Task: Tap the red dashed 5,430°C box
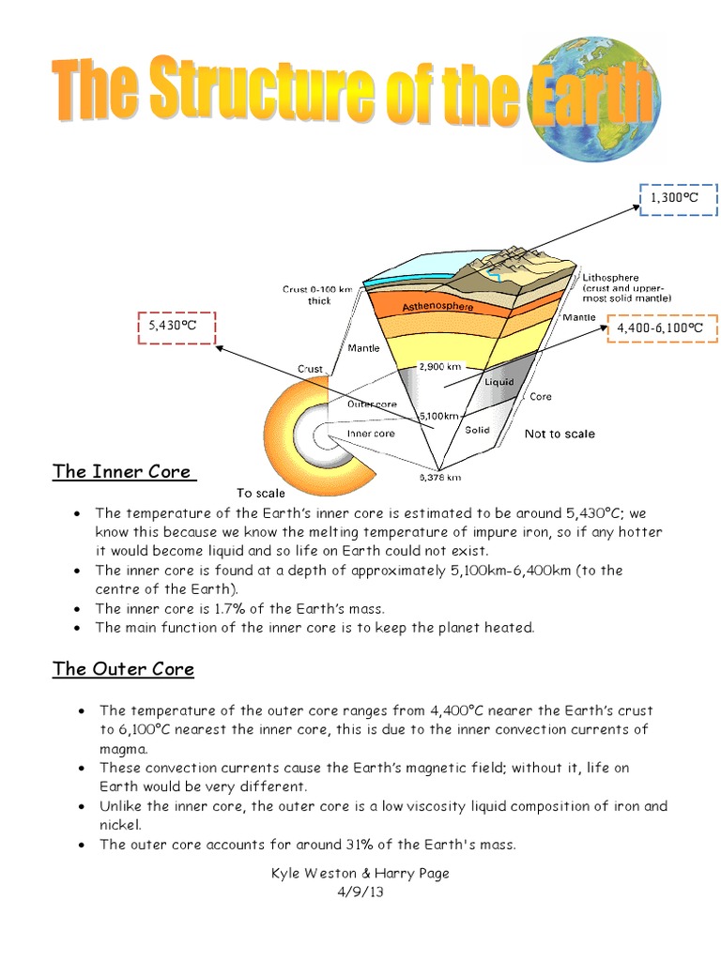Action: pos(176,326)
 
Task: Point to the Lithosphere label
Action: pos(610,278)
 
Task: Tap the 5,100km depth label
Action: pos(439,415)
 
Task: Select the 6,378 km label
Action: pos(439,477)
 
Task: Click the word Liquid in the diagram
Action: pos(498,383)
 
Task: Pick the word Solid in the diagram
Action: pos(478,430)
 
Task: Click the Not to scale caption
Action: pos(559,434)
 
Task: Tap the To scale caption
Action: pos(260,493)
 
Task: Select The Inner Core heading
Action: pos(122,471)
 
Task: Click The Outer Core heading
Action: pos(123,669)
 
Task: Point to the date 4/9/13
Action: pos(360,892)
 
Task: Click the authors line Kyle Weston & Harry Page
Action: pos(360,873)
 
